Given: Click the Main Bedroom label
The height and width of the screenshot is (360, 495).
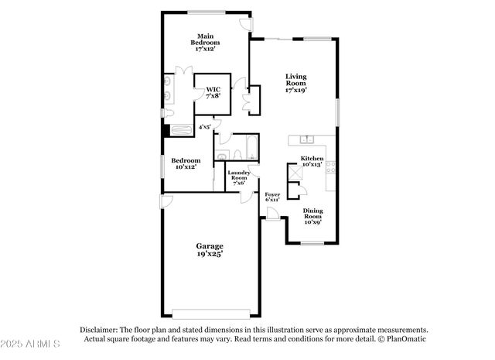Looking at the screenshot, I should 205,43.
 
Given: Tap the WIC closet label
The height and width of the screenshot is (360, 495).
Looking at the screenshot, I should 213,92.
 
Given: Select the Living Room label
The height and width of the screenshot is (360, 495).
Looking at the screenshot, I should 296,83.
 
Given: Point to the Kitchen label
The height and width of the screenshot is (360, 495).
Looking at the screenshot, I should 312,160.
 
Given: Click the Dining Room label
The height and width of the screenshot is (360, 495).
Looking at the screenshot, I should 312,216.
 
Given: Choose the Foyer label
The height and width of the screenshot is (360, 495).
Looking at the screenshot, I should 272,196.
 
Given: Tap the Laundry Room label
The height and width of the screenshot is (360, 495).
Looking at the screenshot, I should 238,178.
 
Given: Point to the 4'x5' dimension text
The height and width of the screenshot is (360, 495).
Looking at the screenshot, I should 205,126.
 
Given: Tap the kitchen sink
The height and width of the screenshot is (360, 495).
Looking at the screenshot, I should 307,140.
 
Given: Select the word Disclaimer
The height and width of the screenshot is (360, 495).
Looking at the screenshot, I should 99,329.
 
